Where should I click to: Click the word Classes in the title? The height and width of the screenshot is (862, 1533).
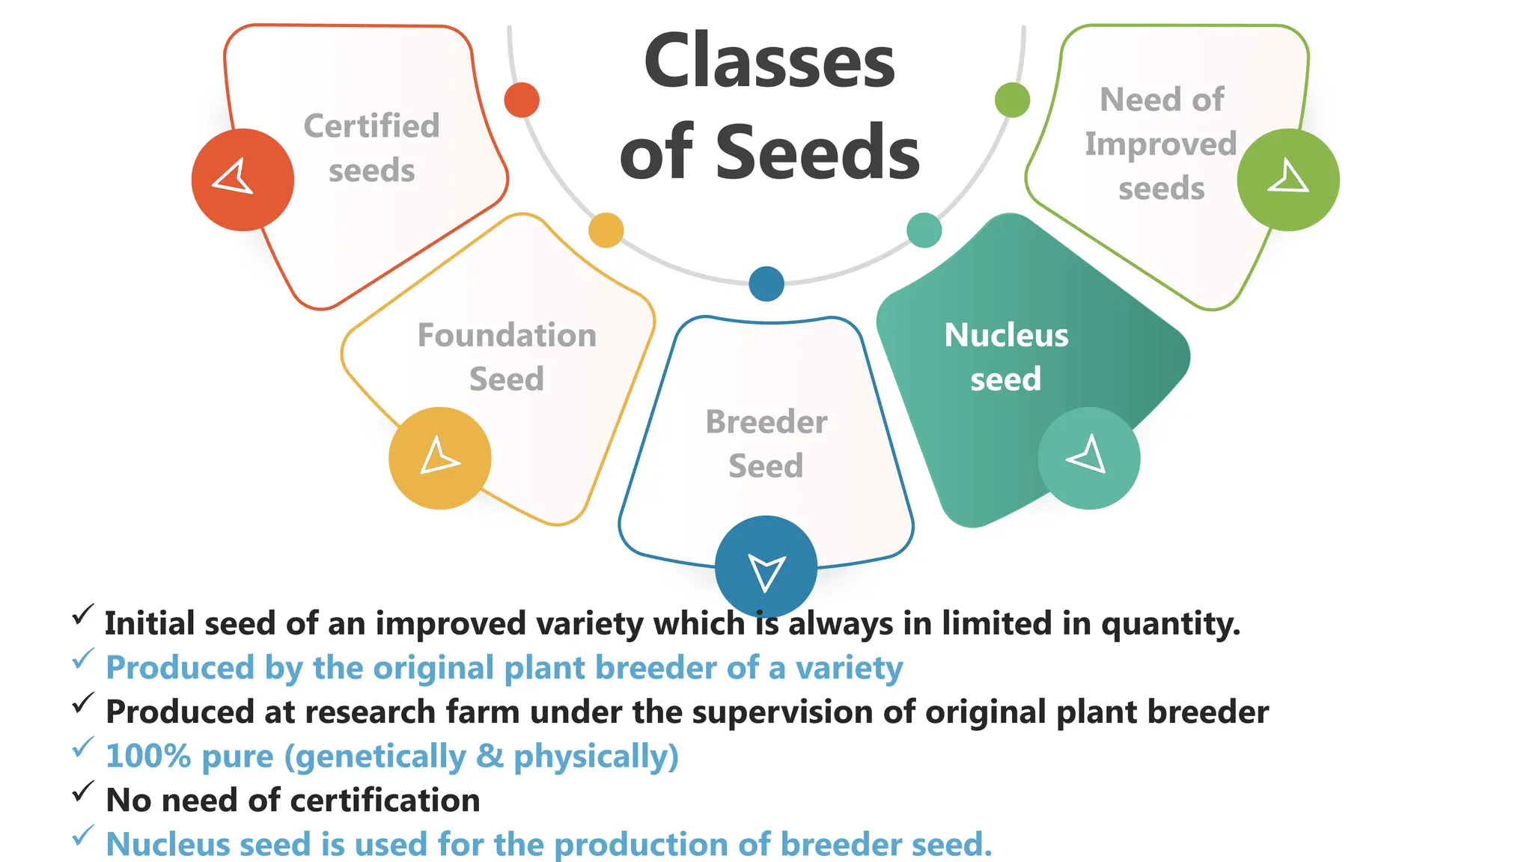coord(769,61)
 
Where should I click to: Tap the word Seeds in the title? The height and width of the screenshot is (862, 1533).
coord(817,153)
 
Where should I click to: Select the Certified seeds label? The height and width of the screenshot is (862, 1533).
coord(371,148)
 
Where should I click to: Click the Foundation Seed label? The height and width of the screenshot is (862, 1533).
coord(507,357)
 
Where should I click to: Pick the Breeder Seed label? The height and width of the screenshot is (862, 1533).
coord(766,444)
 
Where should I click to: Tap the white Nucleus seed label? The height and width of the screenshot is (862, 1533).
coord(1006,357)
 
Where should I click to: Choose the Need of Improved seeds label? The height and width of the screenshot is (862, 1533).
coord(1161,144)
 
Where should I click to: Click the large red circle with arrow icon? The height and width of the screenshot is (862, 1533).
coord(243,180)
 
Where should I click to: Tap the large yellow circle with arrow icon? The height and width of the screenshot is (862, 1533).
coord(440,458)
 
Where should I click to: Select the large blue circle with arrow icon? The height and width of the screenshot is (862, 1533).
coord(766,566)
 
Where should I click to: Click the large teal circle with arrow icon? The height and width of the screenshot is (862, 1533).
coord(1088,458)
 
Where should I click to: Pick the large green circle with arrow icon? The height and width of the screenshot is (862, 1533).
coord(1287,180)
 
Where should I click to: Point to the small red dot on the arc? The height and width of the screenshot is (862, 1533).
coord(522,100)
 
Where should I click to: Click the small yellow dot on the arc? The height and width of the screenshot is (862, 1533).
coord(606,230)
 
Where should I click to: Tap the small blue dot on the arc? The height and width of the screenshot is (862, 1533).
coord(766,284)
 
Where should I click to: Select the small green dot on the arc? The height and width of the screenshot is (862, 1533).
coord(1012,100)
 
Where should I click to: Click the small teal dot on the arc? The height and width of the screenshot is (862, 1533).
coord(924,230)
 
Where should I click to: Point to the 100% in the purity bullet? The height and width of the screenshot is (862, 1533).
coord(148,756)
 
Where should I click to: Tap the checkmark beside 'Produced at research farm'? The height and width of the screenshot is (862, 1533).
coord(83,703)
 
